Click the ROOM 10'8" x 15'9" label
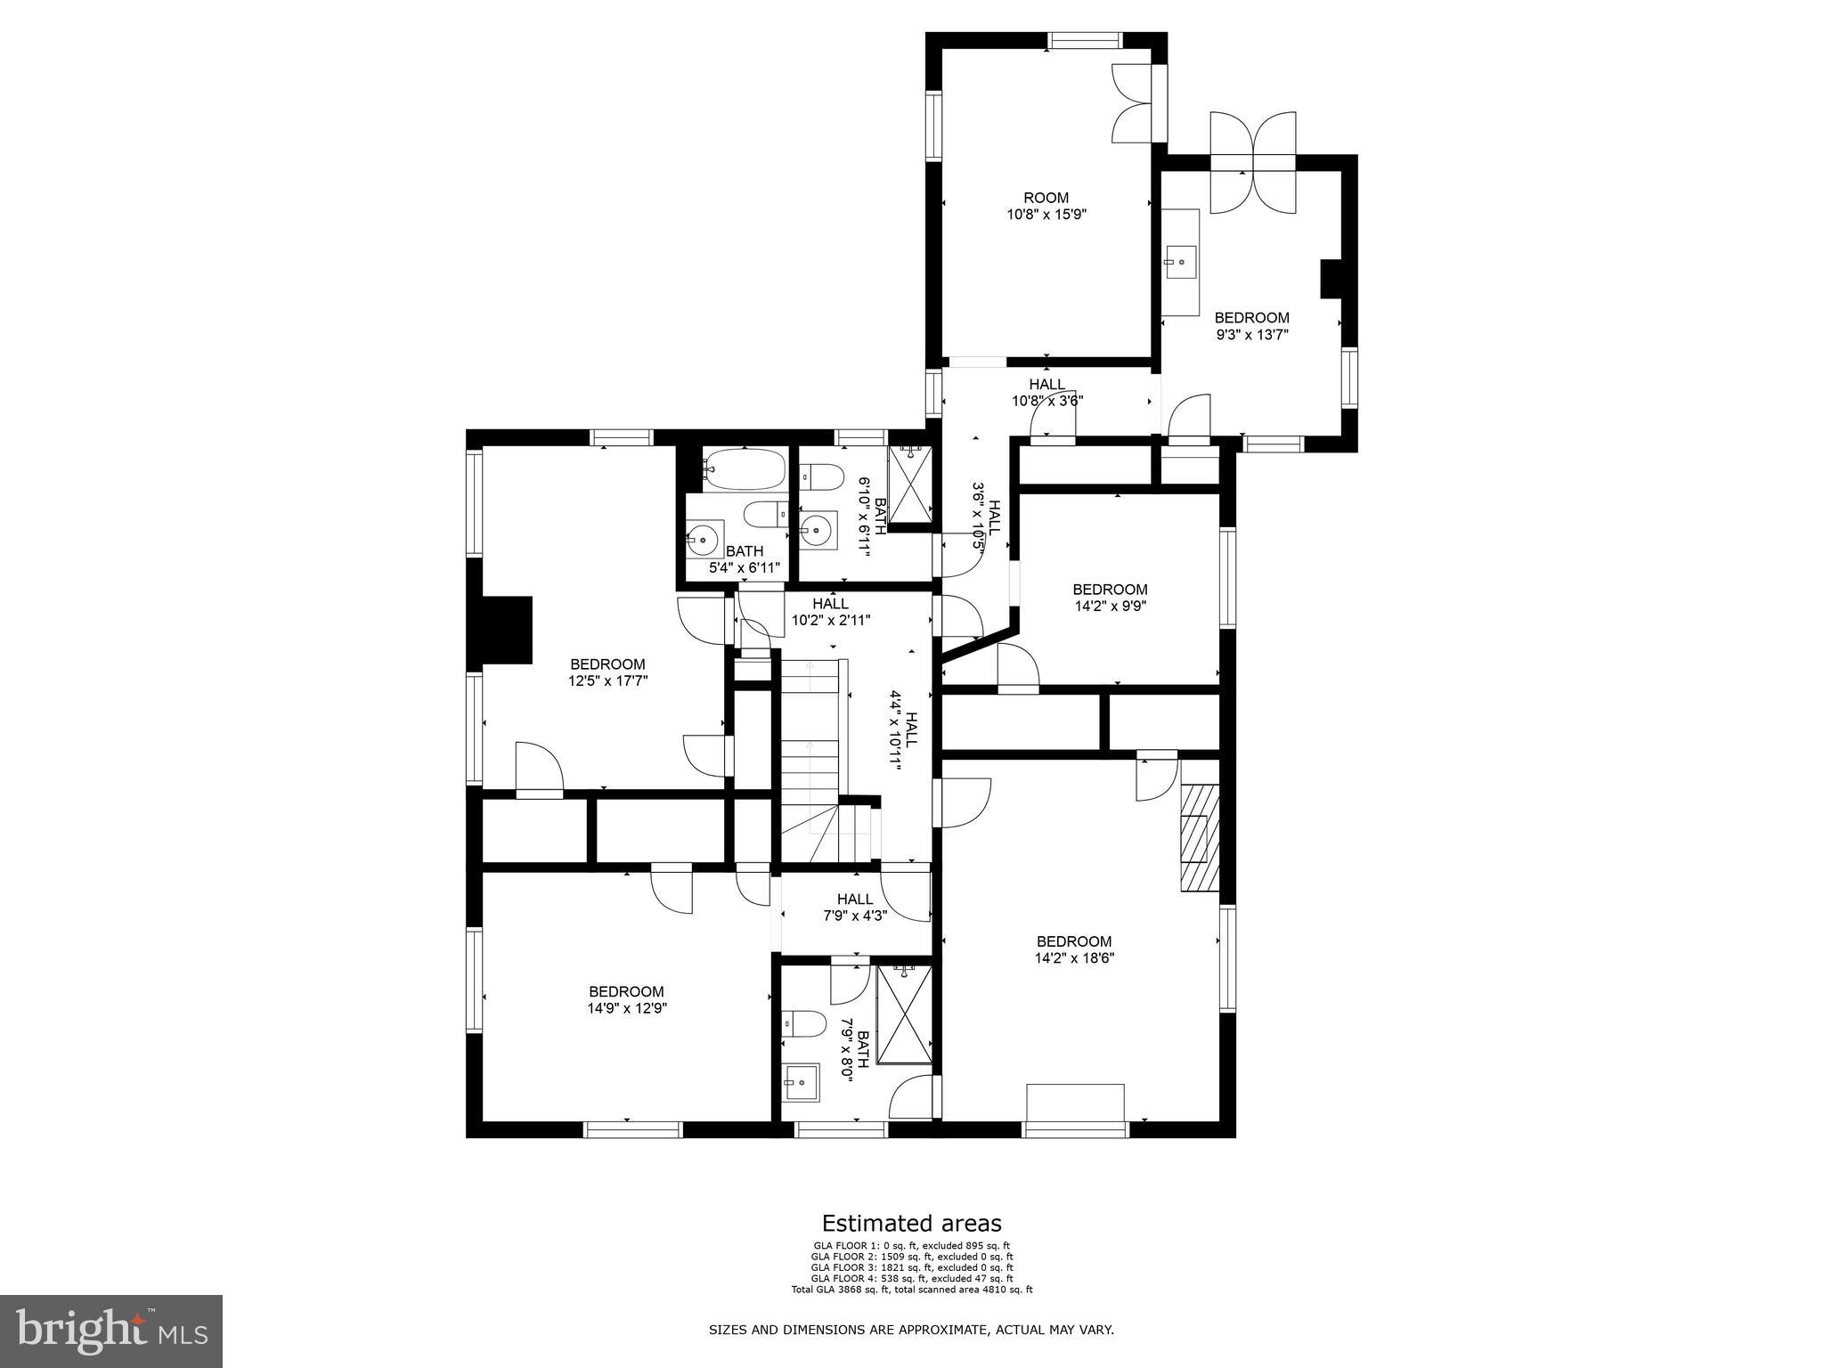pos(1046,206)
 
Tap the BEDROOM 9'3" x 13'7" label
pos(1251,326)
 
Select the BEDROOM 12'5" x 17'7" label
pos(607,672)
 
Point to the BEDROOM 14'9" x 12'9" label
pos(626,1000)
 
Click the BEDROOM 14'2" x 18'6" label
pos(1074,949)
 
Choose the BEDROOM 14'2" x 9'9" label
pos(1110,598)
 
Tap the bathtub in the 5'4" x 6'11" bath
pos(745,468)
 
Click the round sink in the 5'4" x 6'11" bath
pos(704,540)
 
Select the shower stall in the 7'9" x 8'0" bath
pos(905,1014)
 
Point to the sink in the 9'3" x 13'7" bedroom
pos(1181,263)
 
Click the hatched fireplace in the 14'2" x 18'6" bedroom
pos(1200,837)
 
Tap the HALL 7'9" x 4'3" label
pos(855,907)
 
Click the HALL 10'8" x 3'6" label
pos(1046,393)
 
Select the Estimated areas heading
pos(911,1223)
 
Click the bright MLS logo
pos(111,1331)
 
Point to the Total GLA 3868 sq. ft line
pos(912,1289)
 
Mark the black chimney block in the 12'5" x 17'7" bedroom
pos(506,630)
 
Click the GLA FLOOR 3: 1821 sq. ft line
pos(912,1267)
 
